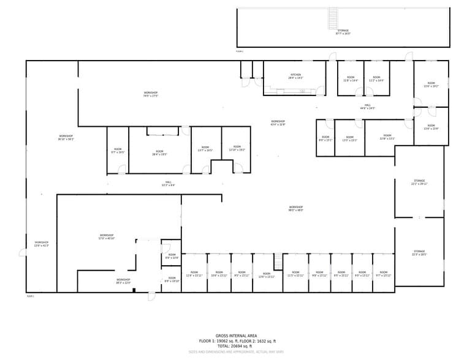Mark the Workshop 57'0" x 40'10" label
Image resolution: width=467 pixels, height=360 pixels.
(x=107, y=236)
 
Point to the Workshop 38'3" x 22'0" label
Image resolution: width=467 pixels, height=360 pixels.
(x=124, y=281)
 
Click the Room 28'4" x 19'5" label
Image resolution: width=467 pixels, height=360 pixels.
(x=159, y=152)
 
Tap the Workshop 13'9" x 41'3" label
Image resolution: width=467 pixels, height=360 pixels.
(x=41, y=244)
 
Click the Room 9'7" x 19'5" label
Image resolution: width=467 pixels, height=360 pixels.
(x=118, y=151)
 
